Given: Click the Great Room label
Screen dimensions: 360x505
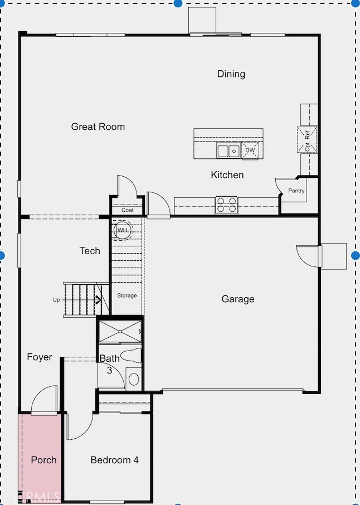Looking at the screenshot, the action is [x=98, y=127].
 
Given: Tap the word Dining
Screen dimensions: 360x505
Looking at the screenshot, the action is [x=231, y=74].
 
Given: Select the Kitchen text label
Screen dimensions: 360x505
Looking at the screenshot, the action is [x=227, y=175].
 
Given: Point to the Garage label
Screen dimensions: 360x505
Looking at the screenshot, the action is [x=238, y=299].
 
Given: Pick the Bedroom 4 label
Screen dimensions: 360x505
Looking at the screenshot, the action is [x=115, y=460].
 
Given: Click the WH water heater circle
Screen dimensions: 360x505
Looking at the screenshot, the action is [x=123, y=230].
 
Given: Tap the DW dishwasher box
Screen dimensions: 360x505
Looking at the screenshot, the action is [x=250, y=150].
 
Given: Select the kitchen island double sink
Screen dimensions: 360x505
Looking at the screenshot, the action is [x=228, y=150].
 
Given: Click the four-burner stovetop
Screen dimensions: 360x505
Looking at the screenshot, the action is [x=227, y=205].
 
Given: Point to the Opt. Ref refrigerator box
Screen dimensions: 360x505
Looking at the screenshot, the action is [x=307, y=140].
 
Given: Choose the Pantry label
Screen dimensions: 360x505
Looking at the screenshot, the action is [x=296, y=191].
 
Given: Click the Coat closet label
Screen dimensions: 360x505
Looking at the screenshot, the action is [x=128, y=210].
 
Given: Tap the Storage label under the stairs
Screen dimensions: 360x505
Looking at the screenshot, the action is [x=127, y=295].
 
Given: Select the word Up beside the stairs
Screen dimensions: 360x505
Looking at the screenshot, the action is [x=56, y=300].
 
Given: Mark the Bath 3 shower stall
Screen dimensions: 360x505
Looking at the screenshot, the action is [x=120, y=331].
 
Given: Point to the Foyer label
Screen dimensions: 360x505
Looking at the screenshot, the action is [x=39, y=357].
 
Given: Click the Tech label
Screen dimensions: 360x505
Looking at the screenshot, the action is [x=90, y=251].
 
